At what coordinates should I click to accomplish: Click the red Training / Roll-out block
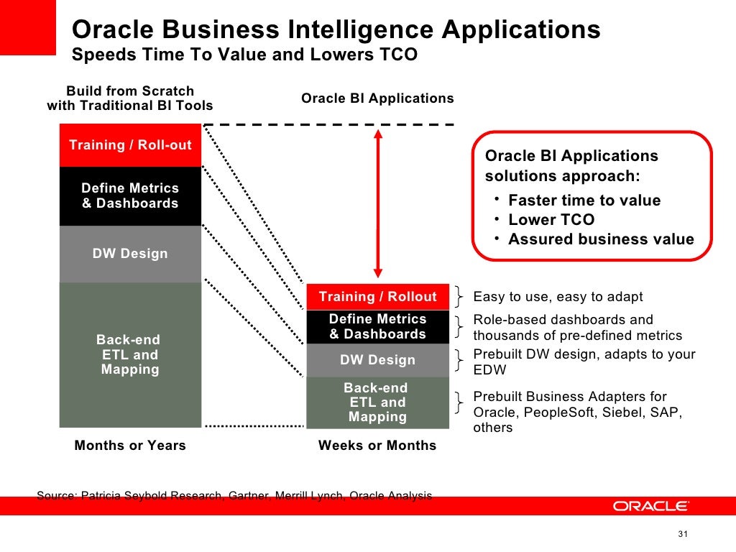(130, 145)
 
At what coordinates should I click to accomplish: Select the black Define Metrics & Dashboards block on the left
(130, 195)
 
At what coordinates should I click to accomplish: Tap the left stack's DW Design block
(130, 254)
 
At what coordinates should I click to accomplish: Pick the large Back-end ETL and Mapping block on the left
(130, 354)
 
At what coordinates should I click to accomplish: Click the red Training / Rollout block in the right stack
(377, 297)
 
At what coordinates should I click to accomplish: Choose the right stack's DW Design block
(377, 360)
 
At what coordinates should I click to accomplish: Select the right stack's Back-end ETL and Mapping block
(377, 402)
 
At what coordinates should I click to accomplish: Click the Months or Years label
(130, 446)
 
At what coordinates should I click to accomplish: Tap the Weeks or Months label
(377, 446)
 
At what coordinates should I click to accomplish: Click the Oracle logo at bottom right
(650, 506)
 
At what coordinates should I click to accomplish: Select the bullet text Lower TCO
(551, 220)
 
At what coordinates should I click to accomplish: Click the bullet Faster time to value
(584, 201)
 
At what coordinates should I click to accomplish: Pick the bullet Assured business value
(601, 239)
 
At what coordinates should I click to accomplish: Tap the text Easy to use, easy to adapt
(558, 297)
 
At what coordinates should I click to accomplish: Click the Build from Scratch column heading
(130, 98)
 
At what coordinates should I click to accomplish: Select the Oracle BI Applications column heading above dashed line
(377, 98)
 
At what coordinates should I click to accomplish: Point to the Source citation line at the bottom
(234, 495)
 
